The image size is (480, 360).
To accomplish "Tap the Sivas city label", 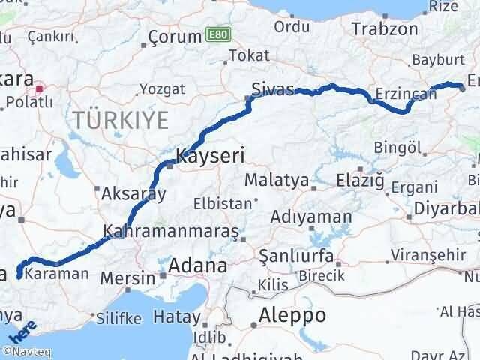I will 272,89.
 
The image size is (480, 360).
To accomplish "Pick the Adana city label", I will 199,265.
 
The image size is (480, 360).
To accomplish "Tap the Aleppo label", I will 292,315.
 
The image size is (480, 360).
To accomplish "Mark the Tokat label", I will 248,55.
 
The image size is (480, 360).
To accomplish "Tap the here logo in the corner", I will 22,331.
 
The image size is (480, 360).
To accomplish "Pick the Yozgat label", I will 160,89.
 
